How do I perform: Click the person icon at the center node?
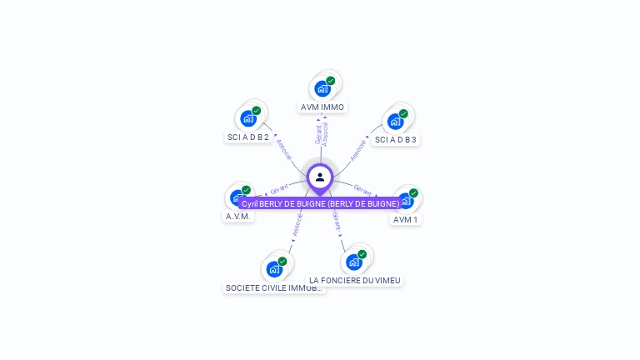click(320, 177)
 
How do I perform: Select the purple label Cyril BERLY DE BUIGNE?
click(320, 203)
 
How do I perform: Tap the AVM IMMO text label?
click(322, 107)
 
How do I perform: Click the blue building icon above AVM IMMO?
click(322, 88)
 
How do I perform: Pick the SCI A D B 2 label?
click(248, 137)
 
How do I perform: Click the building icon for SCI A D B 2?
click(248, 118)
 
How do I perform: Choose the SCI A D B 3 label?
click(395, 139)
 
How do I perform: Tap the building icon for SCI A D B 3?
click(395, 121)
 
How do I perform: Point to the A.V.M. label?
click(237, 216)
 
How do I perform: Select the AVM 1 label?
click(406, 219)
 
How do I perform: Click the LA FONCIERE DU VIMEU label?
click(355, 280)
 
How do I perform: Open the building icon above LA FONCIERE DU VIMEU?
click(354, 262)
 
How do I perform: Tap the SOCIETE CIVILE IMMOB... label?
click(274, 287)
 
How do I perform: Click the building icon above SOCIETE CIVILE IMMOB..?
click(274, 269)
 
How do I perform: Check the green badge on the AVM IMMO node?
click(331, 81)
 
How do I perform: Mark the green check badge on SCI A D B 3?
click(403, 114)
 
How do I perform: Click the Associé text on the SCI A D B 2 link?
click(284, 149)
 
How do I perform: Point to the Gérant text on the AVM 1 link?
click(362, 188)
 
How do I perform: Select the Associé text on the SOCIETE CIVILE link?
click(297, 225)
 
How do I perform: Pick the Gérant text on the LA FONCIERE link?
click(336, 220)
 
